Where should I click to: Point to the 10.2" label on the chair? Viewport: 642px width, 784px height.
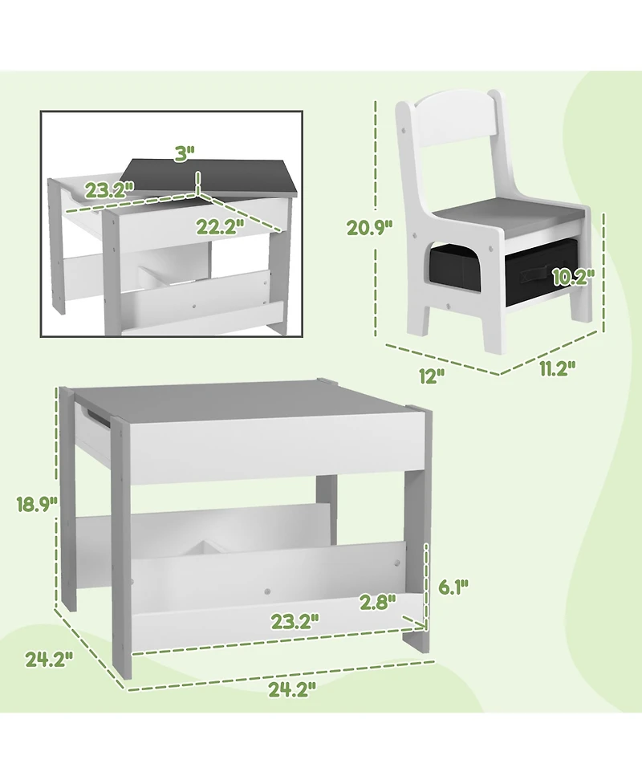572,277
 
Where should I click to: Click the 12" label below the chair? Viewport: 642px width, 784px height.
432,376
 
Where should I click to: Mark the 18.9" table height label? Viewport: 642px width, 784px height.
35,504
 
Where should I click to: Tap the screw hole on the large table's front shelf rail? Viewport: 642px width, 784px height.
265,593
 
